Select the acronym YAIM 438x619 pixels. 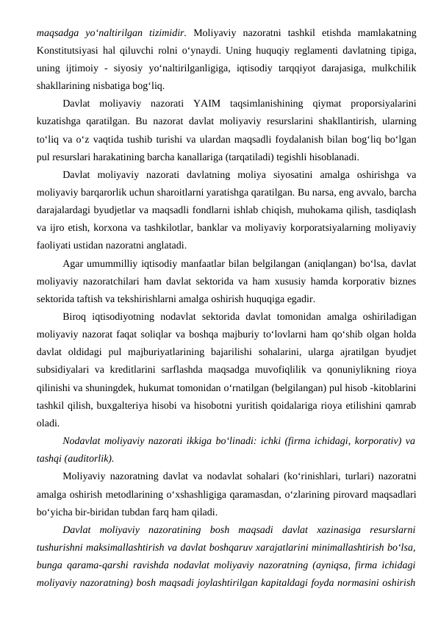point(212,102)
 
